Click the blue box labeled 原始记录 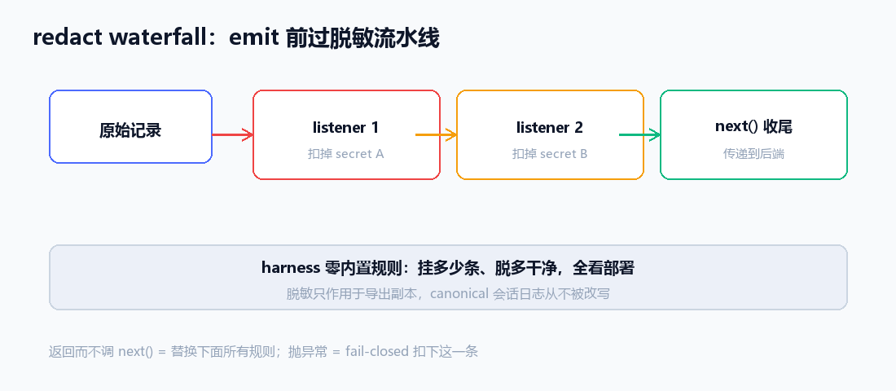131,127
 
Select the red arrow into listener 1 233,135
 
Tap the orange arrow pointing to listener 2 436,135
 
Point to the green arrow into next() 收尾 640,135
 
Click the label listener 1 345,127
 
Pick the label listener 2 550,127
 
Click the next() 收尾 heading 753,126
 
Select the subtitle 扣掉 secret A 345,154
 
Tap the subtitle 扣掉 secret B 550,154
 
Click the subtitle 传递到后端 753,154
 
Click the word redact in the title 68,37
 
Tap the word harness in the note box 290,267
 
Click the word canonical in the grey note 459,294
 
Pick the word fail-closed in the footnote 376,351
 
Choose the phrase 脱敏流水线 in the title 384,37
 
